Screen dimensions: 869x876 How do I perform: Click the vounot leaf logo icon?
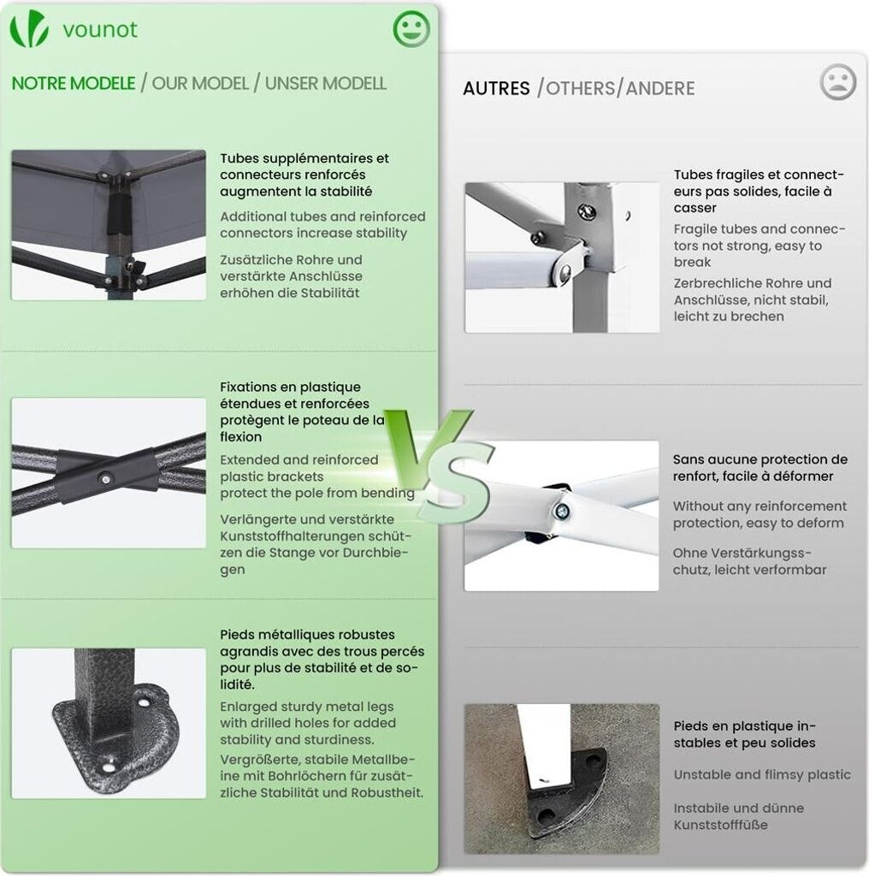[29, 28]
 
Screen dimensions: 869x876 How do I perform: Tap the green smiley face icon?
[411, 28]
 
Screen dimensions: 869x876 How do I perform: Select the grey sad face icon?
[837, 82]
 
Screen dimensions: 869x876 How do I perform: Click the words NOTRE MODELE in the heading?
[74, 83]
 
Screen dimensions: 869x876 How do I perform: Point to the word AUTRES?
[496, 88]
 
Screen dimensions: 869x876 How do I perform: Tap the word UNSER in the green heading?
[292, 83]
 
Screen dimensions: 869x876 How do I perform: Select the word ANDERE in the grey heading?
[660, 88]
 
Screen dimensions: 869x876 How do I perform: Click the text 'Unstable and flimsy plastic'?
[762, 775]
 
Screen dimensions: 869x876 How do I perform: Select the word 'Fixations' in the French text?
[246, 388]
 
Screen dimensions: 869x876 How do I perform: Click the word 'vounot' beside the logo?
[100, 30]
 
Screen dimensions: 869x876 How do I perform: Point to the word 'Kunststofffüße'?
[720, 825]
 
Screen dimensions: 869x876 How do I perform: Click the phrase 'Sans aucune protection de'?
[760, 459]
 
